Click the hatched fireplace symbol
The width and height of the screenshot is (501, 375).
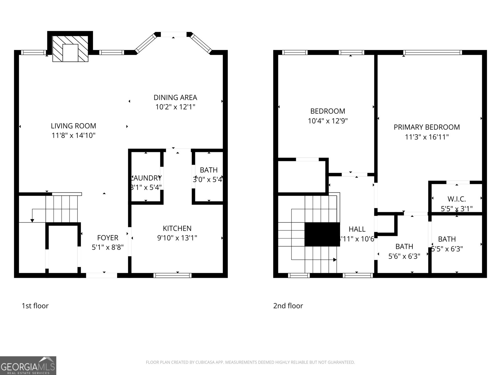pos(70,48)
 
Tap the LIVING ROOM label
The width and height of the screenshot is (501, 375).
pos(74,126)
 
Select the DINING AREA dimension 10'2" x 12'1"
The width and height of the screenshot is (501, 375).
pos(175,107)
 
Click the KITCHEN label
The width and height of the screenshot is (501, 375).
pos(177,228)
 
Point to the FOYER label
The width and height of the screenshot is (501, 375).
pos(107,238)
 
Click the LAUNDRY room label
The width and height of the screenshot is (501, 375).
pos(146,178)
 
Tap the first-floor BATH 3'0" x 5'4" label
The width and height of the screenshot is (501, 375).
pos(209,170)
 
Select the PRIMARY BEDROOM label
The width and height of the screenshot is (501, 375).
pos(426,127)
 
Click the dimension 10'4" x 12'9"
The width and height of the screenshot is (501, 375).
pos(328,121)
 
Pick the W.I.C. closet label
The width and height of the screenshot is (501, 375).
pos(457,199)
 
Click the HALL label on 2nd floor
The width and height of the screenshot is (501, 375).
pos(357,229)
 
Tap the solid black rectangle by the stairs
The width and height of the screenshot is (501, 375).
pos(322,234)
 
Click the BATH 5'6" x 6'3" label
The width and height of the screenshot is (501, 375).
pos(404,247)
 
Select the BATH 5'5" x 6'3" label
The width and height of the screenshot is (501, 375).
pos(447,239)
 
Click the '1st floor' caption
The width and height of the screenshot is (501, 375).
pos(35,306)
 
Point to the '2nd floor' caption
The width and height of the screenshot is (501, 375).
pos(288,306)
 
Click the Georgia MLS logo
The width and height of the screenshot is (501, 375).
pos(28,366)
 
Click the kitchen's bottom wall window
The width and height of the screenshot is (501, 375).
pos(173,275)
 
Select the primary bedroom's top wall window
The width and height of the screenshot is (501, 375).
pos(432,52)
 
